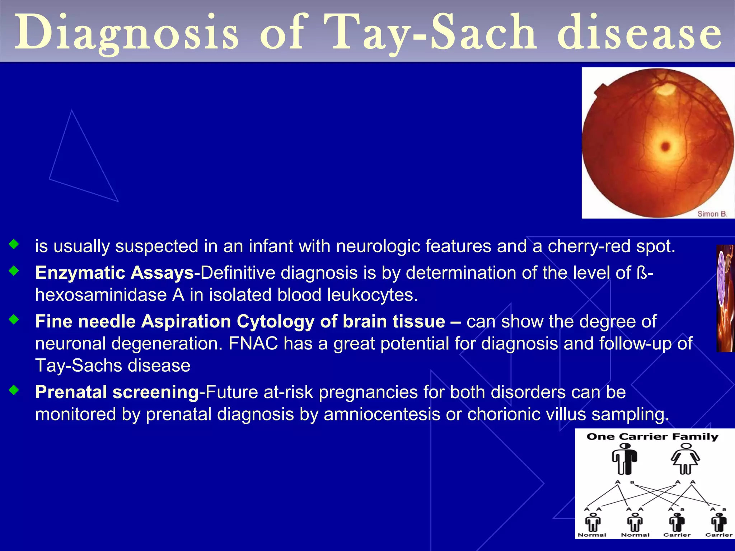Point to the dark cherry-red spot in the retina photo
pos(665,146)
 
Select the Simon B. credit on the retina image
pos(712,214)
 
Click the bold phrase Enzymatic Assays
pos(114,273)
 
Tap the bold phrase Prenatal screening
pos(117,392)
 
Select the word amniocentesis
pos(382,414)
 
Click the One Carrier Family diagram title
pos(652,437)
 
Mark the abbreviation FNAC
pos(253,344)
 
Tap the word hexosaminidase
pos(101,295)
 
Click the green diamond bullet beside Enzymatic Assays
pos(14,271)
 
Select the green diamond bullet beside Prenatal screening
pos(14,390)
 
